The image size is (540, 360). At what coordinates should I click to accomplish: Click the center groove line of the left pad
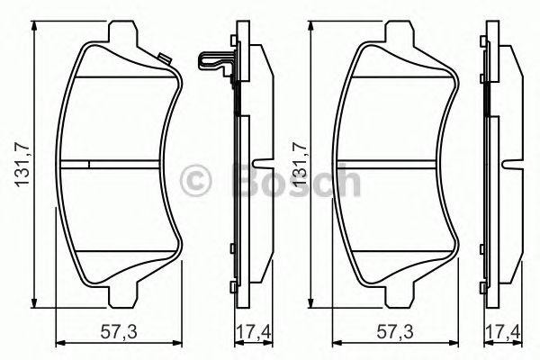tap(118, 164)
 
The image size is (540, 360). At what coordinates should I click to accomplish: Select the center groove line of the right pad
tap(396, 164)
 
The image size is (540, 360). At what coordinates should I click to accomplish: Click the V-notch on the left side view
tap(259, 165)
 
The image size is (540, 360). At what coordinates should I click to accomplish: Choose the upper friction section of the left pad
tap(118, 117)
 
